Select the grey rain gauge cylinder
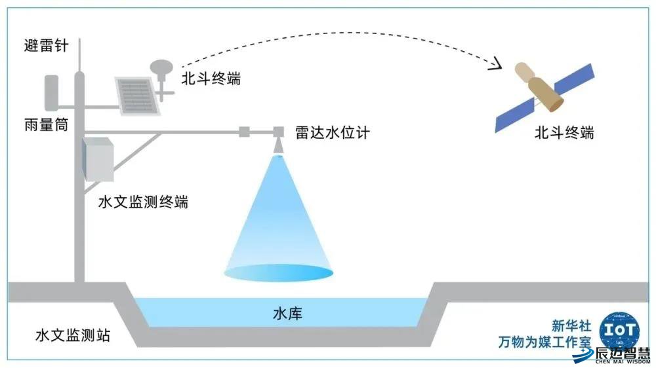tap(52, 92)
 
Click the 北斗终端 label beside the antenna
tap(211, 79)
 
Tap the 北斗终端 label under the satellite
tap(564, 132)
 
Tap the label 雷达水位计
tap(333, 132)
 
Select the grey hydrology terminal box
tap(98, 159)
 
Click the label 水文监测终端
tap(143, 202)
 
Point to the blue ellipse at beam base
tap(279, 271)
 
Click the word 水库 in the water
tap(287, 314)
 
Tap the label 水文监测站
tap(72, 336)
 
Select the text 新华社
tap(571, 325)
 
